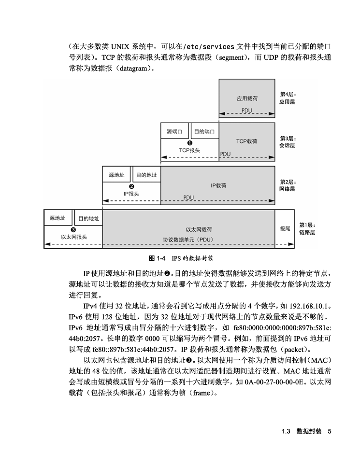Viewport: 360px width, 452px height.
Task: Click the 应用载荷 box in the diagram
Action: pyautogui.click(x=247, y=99)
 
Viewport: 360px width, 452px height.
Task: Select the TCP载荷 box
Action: pyautogui.click(x=247, y=141)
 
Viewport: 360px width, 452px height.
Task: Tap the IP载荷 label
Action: pyautogui.click(x=218, y=185)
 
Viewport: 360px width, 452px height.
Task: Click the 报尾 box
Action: pyautogui.click(x=285, y=228)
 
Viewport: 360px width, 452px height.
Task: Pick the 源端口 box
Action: pyautogui.click(x=174, y=131)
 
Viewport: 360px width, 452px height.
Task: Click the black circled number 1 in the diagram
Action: pyautogui.click(x=189, y=143)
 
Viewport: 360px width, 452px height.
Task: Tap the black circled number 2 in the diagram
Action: pyautogui.click(x=131, y=186)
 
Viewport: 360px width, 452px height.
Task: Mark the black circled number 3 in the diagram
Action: pyautogui.click(x=73, y=230)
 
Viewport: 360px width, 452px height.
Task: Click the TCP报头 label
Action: pyautogui.click(x=189, y=150)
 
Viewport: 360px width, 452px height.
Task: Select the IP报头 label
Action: pyautogui.click(x=131, y=193)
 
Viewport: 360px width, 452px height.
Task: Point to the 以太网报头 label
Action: pyautogui.click(x=74, y=237)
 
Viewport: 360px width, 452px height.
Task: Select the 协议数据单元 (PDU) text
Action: pyautogui.click(x=188, y=239)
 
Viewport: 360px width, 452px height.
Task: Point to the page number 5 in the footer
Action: pyautogui.click(x=329, y=431)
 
